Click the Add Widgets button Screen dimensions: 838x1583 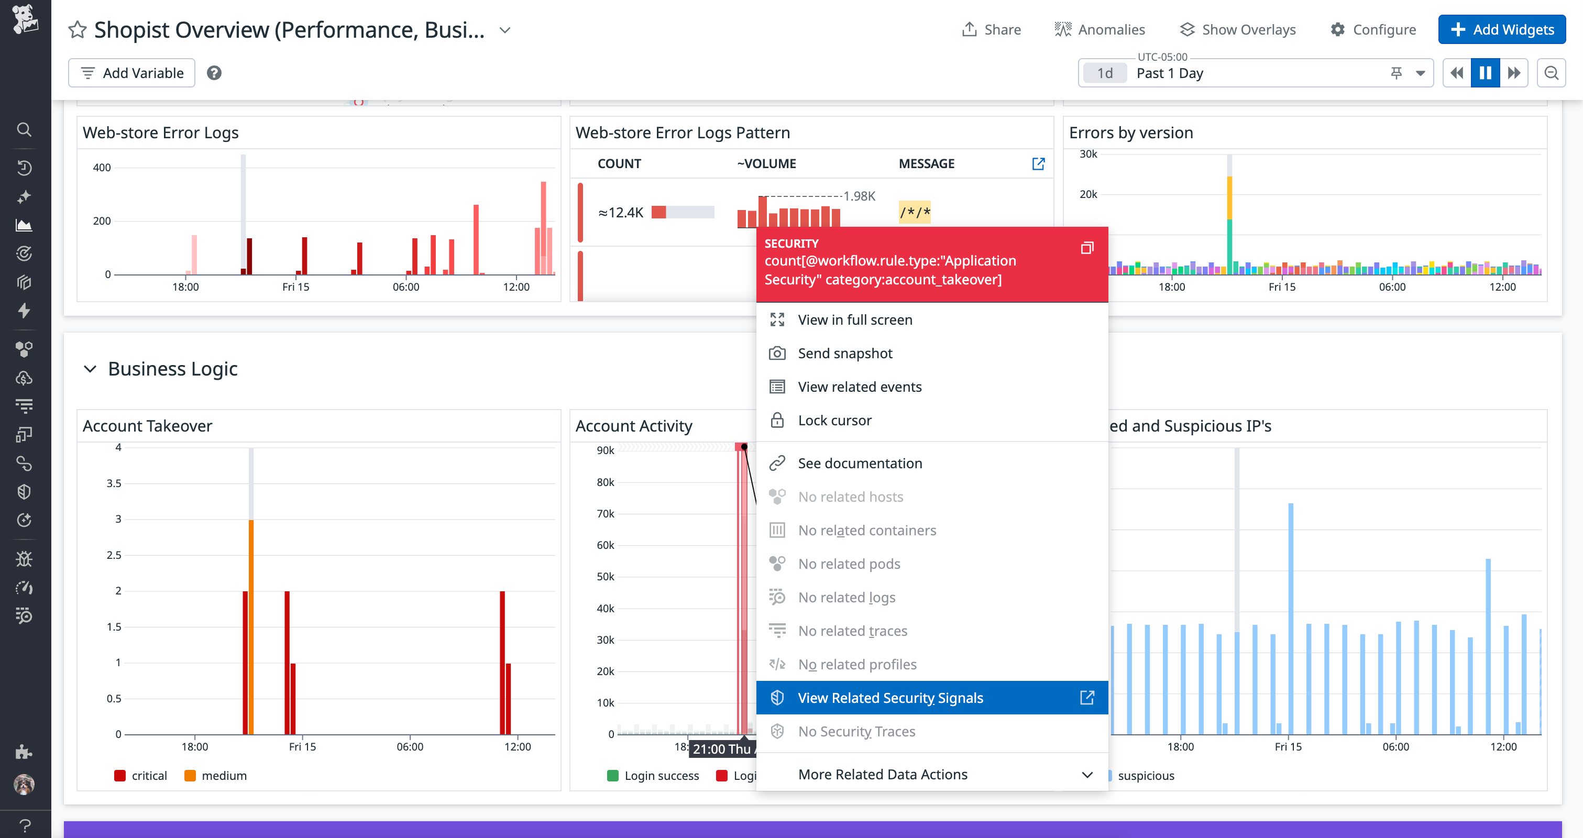point(1501,29)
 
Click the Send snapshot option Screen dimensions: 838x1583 point(844,353)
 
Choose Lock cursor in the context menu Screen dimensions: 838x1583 point(834,420)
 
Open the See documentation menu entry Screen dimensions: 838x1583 point(859,463)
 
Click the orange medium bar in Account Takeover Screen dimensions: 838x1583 point(251,626)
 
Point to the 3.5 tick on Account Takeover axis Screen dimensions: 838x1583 point(114,483)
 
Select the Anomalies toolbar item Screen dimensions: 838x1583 point(1100,29)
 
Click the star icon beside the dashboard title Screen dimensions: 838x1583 point(78,29)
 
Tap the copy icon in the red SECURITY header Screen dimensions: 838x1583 point(1086,248)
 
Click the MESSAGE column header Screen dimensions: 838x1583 point(926,163)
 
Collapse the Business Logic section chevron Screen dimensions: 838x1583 point(90,369)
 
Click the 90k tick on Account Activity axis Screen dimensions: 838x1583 point(606,450)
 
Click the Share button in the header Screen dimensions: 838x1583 point(991,29)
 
